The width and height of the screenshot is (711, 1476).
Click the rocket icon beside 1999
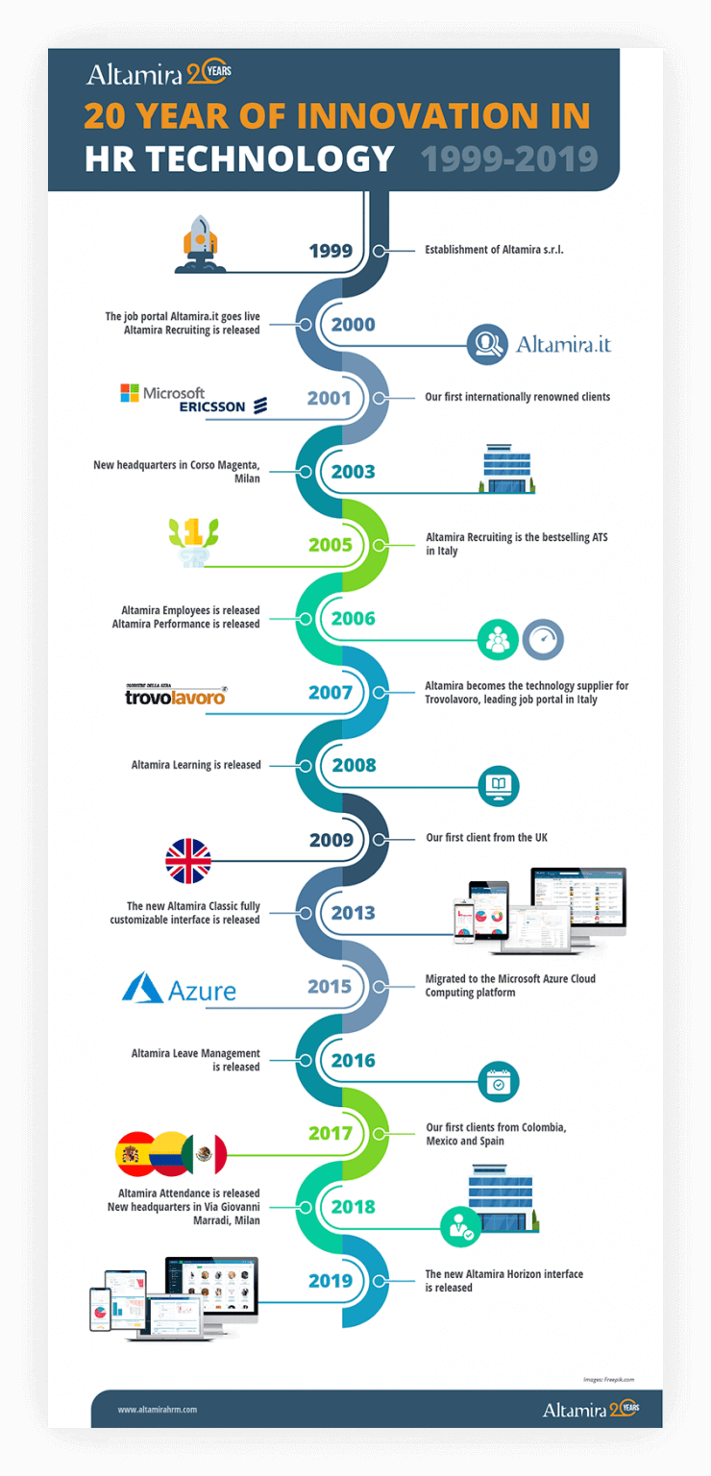pos(200,243)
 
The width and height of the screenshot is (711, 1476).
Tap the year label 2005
pos(331,545)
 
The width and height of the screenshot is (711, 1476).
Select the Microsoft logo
pos(162,393)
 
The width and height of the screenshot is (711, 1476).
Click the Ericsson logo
pos(223,406)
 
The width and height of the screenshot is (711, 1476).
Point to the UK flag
pos(188,861)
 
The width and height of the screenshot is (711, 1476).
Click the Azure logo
pos(180,988)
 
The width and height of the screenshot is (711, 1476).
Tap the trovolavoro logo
pos(175,695)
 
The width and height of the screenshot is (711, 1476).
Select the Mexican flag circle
pos(205,1154)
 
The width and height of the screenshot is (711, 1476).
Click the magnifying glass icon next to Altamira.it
pos(487,344)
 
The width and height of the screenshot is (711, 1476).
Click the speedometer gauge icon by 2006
pos(543,639)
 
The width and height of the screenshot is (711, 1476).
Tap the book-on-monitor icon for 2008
pos(498,785)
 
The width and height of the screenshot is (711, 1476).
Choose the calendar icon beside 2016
pos(498,1082)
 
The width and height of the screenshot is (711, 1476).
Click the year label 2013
pos(353,913)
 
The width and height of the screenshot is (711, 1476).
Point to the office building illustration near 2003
pos(507,469)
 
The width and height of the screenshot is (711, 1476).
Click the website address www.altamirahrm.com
pos(158,1410)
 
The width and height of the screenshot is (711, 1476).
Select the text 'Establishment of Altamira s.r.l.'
pos(494,250)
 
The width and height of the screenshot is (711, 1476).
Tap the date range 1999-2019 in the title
pos(509,159)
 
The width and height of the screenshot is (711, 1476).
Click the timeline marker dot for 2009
pos(379,840)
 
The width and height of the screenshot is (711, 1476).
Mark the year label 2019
pos(331,1280)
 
